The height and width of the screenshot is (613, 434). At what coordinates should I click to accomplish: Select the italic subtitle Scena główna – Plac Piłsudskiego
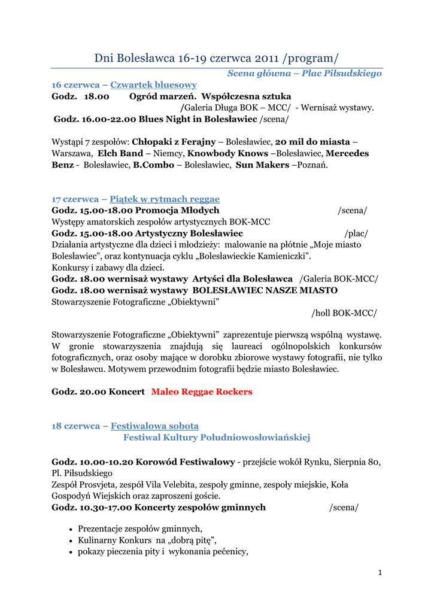pyautogui.click(x=304, y=74)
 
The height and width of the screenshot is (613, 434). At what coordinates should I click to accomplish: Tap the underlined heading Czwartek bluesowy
pyautogui.click(x=153, y=85)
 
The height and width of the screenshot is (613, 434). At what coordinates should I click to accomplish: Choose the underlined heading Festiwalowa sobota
pyautogui.click(x=154, y=426)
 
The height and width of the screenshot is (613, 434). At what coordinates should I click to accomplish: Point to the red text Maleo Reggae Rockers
pyautogui.click(x=202, y=392)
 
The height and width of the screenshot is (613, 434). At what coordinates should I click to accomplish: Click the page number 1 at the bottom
pyautogui.click(x=380, y=573)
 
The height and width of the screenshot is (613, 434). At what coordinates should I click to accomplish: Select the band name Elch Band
pyautogui.click(x=120, y=153)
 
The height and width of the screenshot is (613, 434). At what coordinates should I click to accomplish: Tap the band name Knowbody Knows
pyautogui.click(x=228, y=153)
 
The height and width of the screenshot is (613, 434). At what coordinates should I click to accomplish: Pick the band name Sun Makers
pyautogui.click(x=262, y=165)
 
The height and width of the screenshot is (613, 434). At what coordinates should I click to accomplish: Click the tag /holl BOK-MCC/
pyautogui.click(x=344, y=313)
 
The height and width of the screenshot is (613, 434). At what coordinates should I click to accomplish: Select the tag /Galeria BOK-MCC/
pyautogui.click(x=339, y=279)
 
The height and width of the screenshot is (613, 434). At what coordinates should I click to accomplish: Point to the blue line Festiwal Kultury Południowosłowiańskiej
pyautogui.click(x=217, y=438)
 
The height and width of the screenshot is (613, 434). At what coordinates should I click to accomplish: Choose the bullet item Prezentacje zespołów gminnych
pyautogui.click(x=140, y=529)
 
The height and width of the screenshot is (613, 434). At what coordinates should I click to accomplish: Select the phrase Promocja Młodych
pyautogui.click(x=177, y=210)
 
